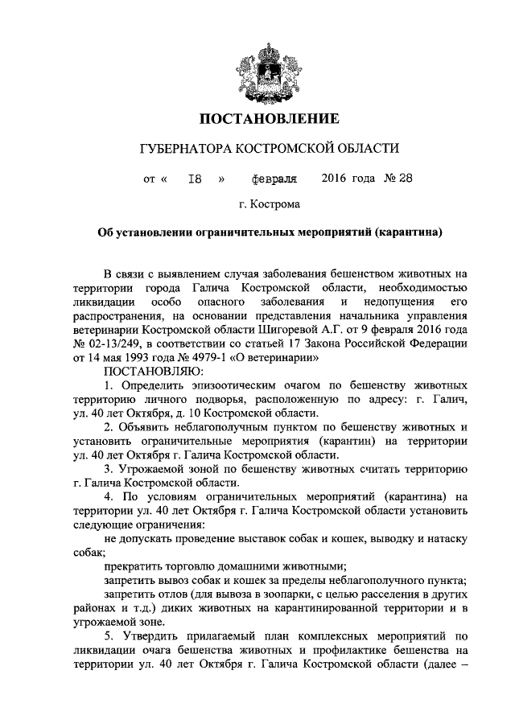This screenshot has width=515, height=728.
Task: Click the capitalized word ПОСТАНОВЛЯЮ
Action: tap(155, 372)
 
